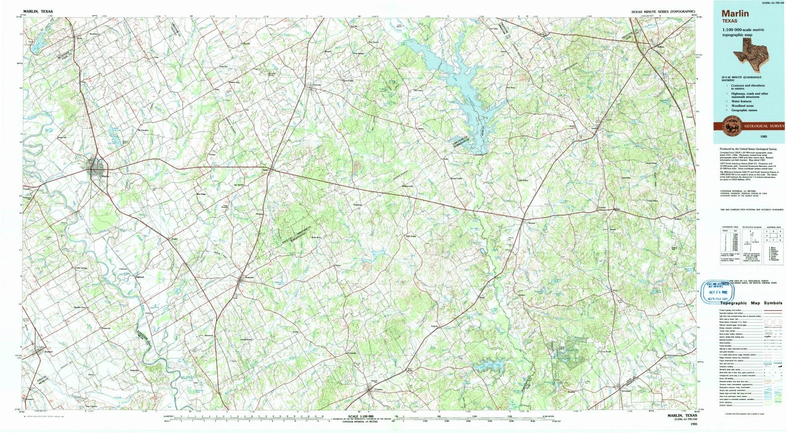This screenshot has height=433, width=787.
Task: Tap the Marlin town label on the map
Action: [104, 176]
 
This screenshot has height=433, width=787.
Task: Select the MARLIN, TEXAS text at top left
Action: [38, 11]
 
